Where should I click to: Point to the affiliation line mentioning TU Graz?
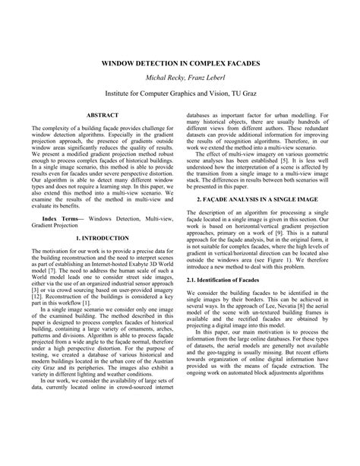[180, 94]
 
